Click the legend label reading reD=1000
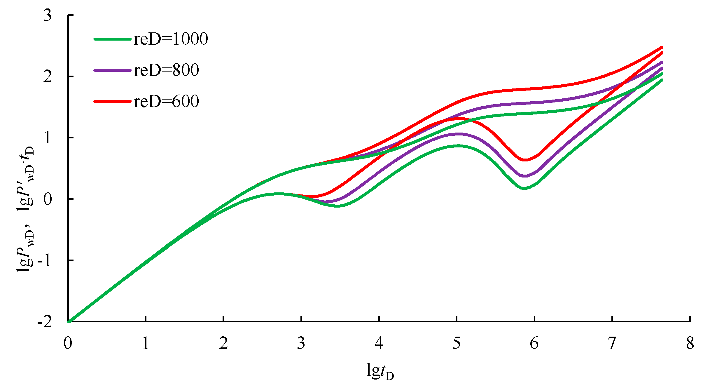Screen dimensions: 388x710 (x=171, y=39)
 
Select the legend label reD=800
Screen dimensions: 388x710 (x=166, y=70)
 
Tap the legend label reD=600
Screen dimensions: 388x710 (x=166, y=101)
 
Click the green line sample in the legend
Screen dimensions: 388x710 (x=113, y=39)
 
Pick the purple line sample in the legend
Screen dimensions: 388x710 (x=113, y=70)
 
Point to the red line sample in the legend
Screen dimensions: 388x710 (x=113, y=101)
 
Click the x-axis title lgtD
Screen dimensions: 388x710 (x=380, y=371)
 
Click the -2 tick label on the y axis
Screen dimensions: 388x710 (x=45, y=322)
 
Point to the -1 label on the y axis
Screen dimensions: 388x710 (x=45, y=260)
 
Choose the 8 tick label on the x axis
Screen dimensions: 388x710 (x=690, y=343)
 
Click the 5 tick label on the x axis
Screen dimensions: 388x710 (x=457, y=343)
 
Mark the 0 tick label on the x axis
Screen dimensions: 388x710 (x=68, y=343)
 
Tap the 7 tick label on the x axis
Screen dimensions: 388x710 (x=612, y=343)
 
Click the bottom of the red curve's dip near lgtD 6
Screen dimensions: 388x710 (x=525, y=160)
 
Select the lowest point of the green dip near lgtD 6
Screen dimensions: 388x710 (x=524, y=188)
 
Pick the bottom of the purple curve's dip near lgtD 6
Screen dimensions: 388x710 (x=524, y=176)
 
